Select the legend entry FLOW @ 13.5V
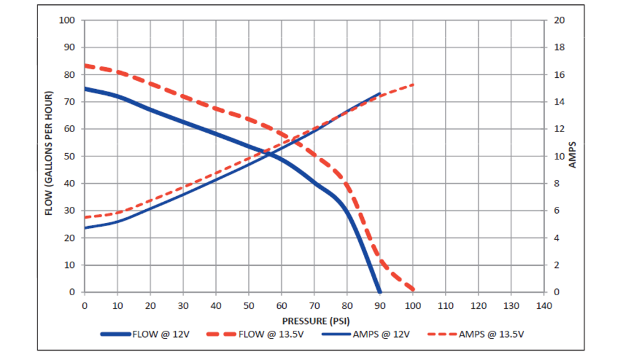[x=272, y=334]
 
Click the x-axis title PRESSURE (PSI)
[x=315, y=321]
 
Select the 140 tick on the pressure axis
[x=545, y=305]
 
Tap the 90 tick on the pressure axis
[x=380, y=305]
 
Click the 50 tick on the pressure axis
[x=249, y=305]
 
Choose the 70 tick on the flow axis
[x=69, y=102]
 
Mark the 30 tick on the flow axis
[x=69, y=211]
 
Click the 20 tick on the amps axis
[x=559, y=20]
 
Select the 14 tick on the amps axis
[x=559, y=102]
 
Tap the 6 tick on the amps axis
[x=557, y=211]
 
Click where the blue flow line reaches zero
[x=379, y=291]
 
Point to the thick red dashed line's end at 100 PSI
[x=412, y=290]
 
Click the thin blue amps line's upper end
[x=380, y=93]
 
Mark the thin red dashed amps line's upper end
[x=413, y=84]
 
